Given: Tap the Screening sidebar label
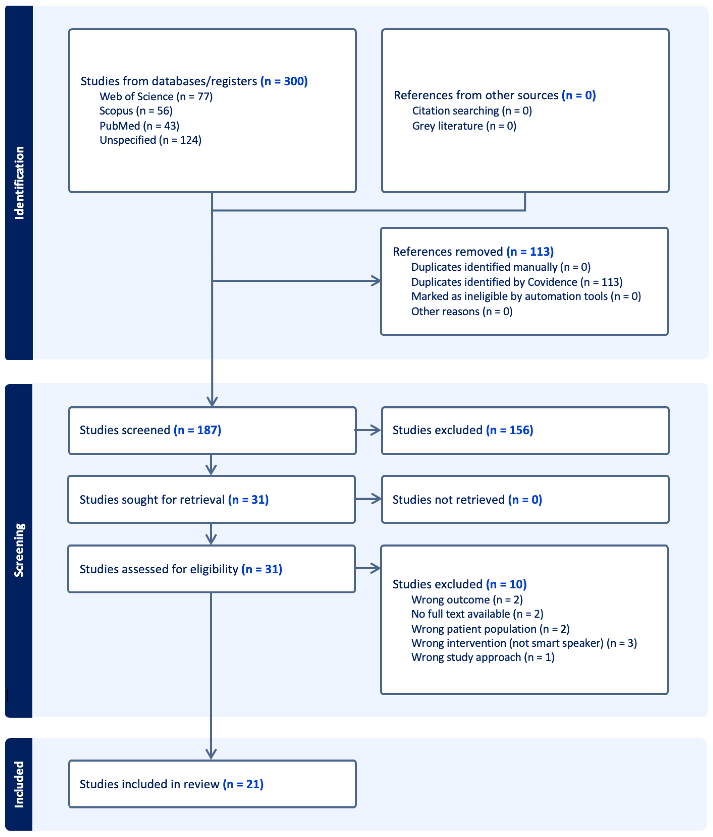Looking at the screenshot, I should (19, 550).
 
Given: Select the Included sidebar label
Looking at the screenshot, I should (19, 784).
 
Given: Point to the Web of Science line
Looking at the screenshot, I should (156, 96).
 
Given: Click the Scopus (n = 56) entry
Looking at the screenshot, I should (136, 111).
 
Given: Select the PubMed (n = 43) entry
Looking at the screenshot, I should (139, 126).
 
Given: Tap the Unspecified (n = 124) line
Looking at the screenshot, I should (150, 140).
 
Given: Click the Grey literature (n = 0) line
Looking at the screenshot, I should (464, 126).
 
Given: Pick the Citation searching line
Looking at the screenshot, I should (472, 111).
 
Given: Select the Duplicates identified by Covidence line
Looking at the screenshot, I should (516, 282).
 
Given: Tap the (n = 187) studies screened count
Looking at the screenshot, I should (197, 430).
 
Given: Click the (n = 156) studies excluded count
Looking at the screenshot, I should (509, 430).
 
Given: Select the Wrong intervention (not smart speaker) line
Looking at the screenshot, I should (524, 643).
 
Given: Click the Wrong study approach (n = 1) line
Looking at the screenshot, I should (483, 657).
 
